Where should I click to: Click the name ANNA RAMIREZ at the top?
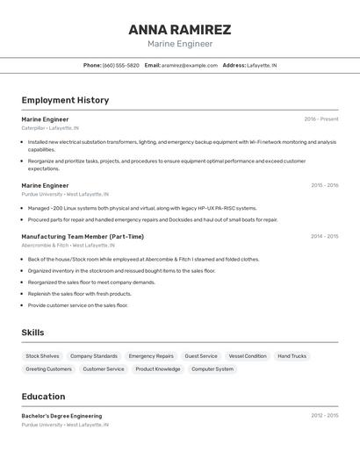(x=179, y=29)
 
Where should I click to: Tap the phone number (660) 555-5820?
(x=121, y=65)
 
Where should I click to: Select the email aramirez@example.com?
(x=190, y=65)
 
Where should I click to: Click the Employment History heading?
(x=65, y=100)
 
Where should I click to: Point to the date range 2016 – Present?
(x=320, y=119)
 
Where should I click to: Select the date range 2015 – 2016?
(x=324, y=185)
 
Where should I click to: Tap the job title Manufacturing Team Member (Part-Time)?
(x=83, y=236)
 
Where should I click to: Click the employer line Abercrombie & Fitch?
(x=65, y=246)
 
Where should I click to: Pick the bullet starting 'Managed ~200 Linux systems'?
(x=142, y=209)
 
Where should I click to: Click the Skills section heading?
(x=32, y=333)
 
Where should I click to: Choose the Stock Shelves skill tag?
(x=42, y=356)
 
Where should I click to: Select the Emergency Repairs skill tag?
(x=151, y=356)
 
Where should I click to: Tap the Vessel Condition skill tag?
(x=248, y=356)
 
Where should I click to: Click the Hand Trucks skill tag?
(x=292, y=356)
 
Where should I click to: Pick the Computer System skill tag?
(x=212, y=369)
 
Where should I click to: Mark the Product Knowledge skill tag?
(x=158, y=369)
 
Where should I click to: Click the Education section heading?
(x=43, y=397)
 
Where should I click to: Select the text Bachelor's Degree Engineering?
(x=61, y=416)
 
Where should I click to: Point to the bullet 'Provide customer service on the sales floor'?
(x=78, y=305)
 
